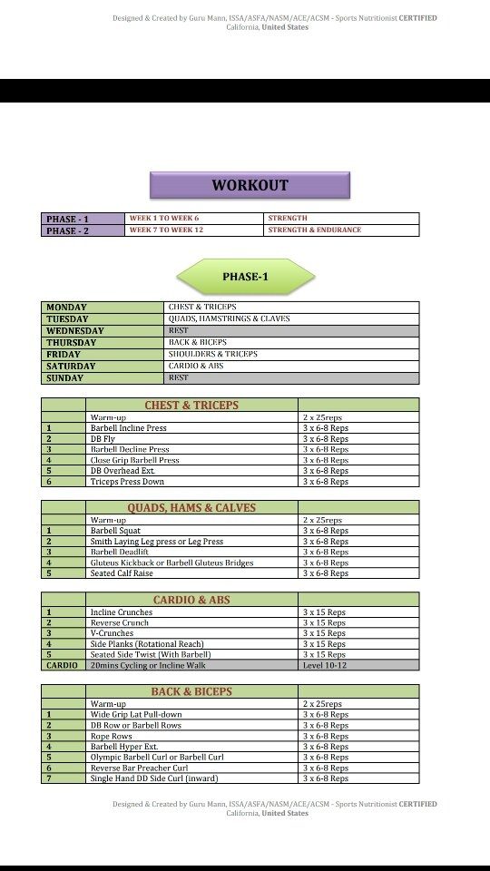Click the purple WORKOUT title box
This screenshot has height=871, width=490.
[x=250, y=185]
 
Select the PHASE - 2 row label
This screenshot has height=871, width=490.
[x=82, y=230]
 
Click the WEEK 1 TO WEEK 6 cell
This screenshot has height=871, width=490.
[x=194, y=219]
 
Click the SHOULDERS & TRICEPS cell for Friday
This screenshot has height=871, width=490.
[x=291, y=355]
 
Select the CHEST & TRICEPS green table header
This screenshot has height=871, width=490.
[x=191, y=405]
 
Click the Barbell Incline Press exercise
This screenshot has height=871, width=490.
[x=191, y=428]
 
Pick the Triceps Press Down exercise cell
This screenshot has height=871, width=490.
[x=191, y=482]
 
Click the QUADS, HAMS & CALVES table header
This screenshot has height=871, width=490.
[x=191, y=508]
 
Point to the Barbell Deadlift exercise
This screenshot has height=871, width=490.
[x=191, y=552]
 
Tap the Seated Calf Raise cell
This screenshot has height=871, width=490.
[x=191, y=573]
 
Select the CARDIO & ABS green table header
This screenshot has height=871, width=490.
[x=191, y=600]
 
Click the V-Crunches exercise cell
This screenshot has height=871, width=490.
[x=191, y=633]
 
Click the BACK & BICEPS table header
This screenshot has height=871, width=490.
[x=191, y=691]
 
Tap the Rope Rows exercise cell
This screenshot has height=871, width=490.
[x=191, y=736]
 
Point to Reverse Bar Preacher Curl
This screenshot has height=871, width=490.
[x=191, y=768]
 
